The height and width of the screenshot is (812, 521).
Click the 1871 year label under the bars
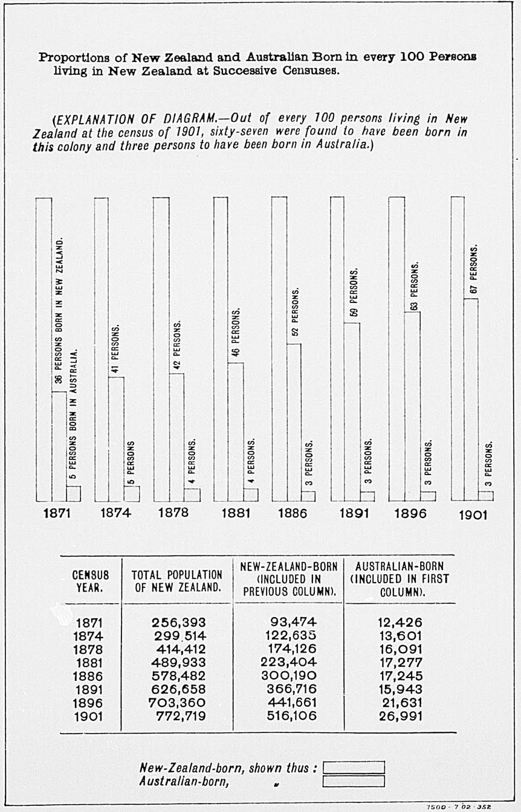57,514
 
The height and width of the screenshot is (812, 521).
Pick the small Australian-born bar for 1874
132,493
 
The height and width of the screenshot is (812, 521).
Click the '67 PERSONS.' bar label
474,270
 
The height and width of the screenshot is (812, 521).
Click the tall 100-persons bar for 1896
396,348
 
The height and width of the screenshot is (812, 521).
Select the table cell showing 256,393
178,622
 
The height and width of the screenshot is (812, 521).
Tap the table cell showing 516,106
291,716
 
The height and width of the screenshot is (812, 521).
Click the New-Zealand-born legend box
354,767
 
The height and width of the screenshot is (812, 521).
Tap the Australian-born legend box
354,781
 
